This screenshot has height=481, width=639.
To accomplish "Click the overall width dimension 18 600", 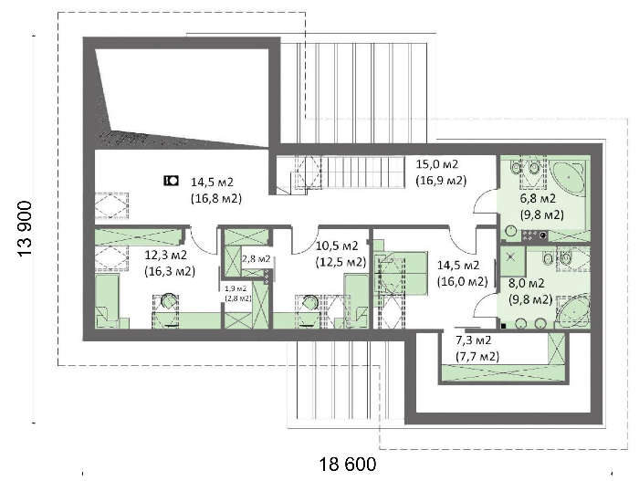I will click(x=347, y=465).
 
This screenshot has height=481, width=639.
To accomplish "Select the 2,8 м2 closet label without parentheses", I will click(x=257, y=259).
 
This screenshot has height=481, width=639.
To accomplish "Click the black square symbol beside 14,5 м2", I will click(x=170, y=181).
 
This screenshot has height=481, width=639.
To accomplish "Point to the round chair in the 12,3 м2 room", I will click(x=169, y=303).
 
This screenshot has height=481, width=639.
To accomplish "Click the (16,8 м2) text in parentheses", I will click(x=215, y=196).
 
